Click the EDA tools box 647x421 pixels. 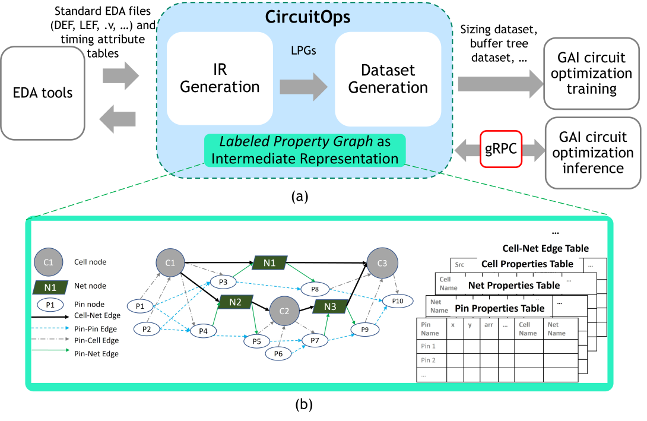coord(43,93)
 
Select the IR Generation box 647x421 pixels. coord(220,78)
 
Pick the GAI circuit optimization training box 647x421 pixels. coord(591,73)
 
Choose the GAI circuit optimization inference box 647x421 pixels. coord(592,152)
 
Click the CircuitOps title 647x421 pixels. coord(307,17)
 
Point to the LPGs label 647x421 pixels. coord(303,51)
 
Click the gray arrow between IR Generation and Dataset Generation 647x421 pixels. coord(303,87)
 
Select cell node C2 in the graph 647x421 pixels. coord(284,311)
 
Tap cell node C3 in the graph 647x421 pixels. coord(382,263)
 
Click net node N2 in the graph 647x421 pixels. coord(235,302)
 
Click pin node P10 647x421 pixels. coord(397,301)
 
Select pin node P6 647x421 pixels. coord(279,354)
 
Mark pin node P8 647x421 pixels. coord(315,289)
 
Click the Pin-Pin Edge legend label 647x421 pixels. coord(96,328)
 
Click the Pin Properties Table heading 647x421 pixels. coord(499,308)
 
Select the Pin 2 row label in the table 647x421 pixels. coord(428,360)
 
